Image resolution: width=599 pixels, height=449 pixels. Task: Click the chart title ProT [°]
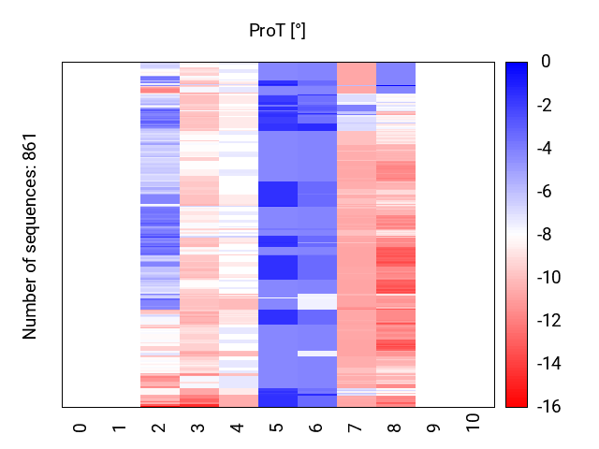coord(277,31)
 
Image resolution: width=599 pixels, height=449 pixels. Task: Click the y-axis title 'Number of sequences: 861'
coord(30,235)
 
